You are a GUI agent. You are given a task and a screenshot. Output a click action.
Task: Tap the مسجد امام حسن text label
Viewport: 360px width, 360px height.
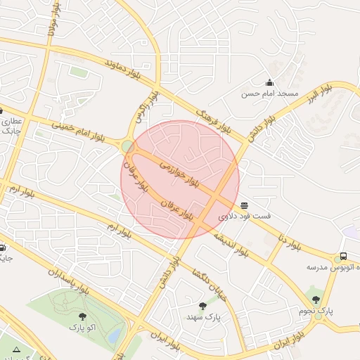tap(270, 94)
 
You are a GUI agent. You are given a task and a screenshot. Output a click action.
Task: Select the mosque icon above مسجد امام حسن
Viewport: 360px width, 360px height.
tap(269, 82)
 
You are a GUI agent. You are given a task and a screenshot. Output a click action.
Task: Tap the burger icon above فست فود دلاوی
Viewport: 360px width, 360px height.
tap(244, 205)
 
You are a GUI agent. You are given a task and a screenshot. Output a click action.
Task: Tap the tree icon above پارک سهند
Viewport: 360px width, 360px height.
tap(203, 306)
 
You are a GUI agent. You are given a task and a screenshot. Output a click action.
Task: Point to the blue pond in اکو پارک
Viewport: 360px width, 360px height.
tap(114, 336)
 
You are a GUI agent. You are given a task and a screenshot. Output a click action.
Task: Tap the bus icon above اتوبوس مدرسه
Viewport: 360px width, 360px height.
tap(343, 257)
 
